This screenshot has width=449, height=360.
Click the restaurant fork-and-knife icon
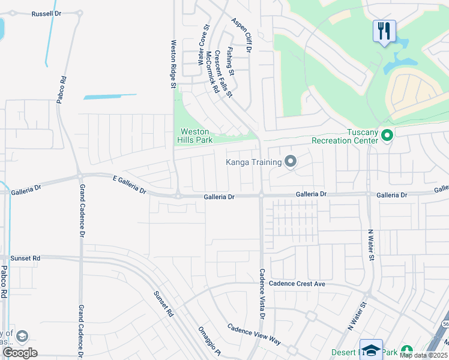[x=384, y=31]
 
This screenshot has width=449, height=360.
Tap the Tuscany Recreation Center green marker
[x=387, y=136]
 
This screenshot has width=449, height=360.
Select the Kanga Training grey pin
[x=291, y=161]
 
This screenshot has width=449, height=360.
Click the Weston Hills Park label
[x=195, y=136]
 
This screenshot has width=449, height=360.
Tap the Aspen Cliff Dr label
[x=241, y=35]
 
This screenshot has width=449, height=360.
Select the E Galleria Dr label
[x=129, y=185]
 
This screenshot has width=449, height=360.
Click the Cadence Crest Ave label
[x=297, y=283]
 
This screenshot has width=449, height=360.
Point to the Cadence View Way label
[x=254, y=334]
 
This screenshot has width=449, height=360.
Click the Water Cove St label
[x=204, y=45]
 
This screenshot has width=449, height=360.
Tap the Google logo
[x=20, y=353]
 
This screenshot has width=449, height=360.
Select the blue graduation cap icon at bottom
[x=371, y=350]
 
